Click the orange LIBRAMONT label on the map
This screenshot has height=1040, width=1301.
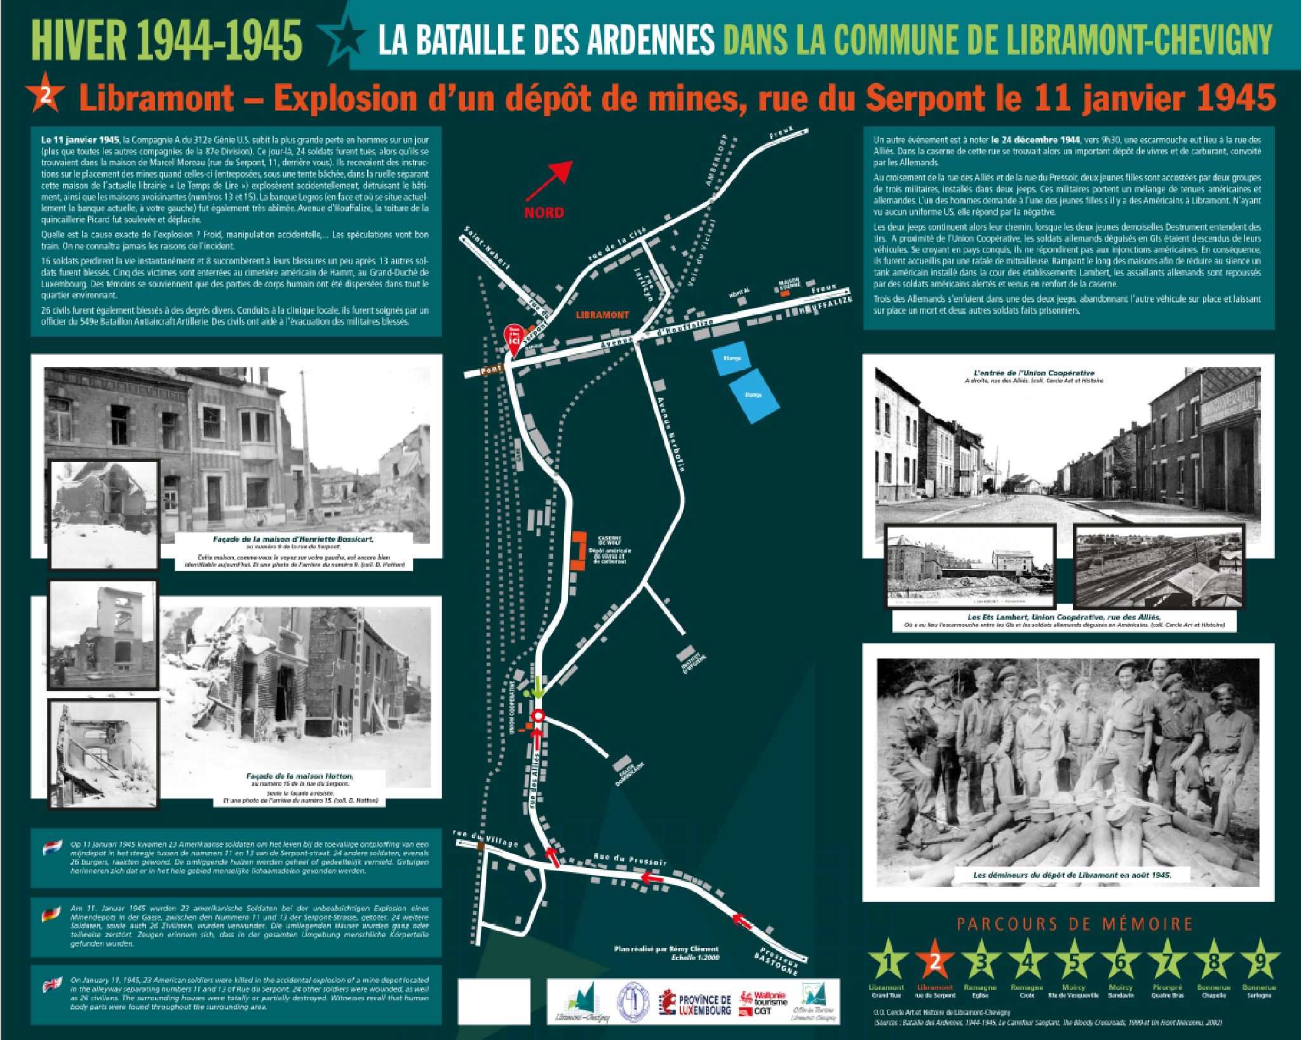pos(602,314)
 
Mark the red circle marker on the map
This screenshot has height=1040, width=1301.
pos(538,716)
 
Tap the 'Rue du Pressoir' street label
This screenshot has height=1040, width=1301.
pos(630,859)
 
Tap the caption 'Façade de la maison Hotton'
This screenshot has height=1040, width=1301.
pos(300,776)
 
